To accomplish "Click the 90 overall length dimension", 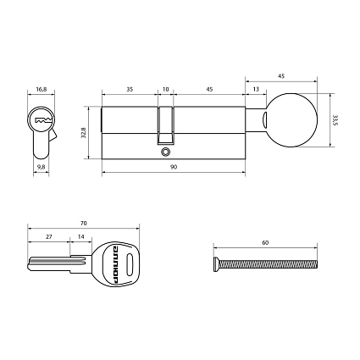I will pyautogui.click(x=174, y=168).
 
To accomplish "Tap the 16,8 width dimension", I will pyautogui.click(x=41, y=86).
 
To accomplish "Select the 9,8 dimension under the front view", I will pyautogui.click(x=41, y=167).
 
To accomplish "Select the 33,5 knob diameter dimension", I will pyautogui.click(x=336, y=121).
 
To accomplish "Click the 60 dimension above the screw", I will pyautogui.click(x=265, y=242).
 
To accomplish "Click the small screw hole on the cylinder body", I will pyautogui.click(x=166, y=152).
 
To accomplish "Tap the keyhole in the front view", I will pyautogui.click(x=40, y=122).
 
